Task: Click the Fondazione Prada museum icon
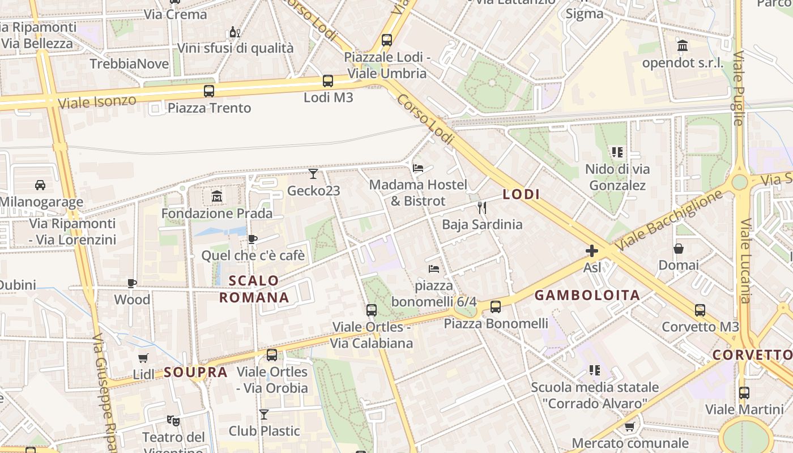[216, 196]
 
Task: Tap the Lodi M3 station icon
[328, 81]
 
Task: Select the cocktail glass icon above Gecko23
[313, 173]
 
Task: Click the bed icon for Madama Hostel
[418, 168]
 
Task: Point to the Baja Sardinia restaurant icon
[482, 207]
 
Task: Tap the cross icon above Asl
[592, 250]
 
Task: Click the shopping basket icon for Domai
[678, 249]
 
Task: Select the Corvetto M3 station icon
[700, 310]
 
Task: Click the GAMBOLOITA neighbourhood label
[587, 295]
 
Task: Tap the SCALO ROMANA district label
[254, 289]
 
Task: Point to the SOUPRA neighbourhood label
[196, 372]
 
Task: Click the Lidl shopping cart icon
[143, 358]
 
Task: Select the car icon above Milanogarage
[40, 185]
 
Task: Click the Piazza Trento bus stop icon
[209, 91]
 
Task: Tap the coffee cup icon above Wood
[132, 283]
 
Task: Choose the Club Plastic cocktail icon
[264, 414]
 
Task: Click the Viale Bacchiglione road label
[670, 220]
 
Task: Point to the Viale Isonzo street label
[97, 102]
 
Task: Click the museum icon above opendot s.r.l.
[683, 45]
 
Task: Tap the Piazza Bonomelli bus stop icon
[496, 307]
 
